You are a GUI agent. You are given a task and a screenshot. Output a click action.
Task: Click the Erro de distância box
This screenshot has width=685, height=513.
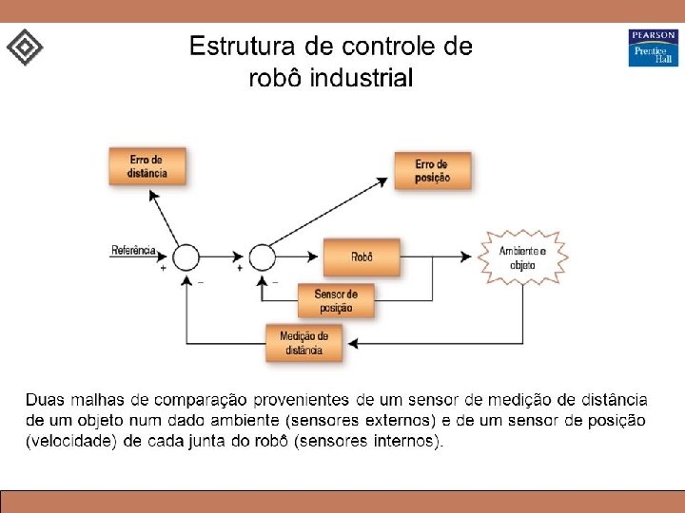point(146,166)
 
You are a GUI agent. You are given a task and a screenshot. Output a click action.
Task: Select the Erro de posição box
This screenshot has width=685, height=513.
point(433,171)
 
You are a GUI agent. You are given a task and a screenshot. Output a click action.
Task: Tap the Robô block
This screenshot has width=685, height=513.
point(362,256)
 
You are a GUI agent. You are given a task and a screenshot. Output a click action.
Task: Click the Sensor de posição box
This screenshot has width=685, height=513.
point(335,301)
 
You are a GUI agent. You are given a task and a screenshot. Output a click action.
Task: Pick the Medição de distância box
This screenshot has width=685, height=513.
point(304,343)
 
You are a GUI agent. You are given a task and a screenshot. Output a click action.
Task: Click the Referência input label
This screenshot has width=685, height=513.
point(133,251)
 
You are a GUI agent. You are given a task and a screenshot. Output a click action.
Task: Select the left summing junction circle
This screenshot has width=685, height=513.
point(185,256)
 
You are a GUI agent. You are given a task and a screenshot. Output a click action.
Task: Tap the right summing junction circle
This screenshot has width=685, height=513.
point(262,256)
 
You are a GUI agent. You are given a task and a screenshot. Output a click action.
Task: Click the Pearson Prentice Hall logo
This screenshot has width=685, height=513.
point(653,47)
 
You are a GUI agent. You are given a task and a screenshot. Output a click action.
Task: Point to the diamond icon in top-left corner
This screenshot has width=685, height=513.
point(25,47)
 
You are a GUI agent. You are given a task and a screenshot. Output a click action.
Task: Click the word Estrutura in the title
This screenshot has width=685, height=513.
point(238,47)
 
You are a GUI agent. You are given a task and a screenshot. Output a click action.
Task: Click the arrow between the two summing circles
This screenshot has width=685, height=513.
point(223,256)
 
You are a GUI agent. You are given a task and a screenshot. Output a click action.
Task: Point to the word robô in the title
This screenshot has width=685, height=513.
point(272,78)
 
